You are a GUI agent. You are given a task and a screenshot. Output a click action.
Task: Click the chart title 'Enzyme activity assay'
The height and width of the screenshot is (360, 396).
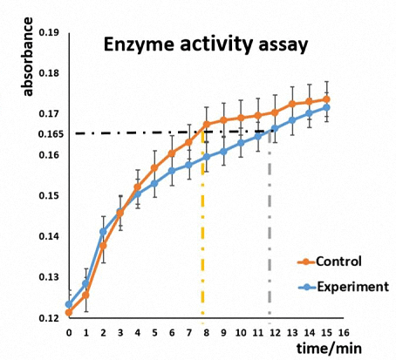[x=206, y=45]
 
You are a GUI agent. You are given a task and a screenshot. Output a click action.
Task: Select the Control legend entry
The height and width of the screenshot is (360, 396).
[x=330, y=262]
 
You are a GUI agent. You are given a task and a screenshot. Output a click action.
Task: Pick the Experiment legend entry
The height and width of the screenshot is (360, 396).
[x=344, y=287]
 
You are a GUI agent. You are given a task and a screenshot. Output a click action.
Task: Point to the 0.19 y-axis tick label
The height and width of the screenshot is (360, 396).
[x=49, y=32]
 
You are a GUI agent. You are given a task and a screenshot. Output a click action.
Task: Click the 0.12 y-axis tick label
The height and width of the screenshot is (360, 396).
[x=49, y=318]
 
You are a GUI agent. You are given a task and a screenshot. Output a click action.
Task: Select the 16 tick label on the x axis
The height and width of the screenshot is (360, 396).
[x=344, y=332]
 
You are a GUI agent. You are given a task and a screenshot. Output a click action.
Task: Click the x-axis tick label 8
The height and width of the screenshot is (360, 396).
[x=206, y=332]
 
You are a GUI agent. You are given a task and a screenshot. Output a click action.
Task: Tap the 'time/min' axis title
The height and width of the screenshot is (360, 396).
[x=329, y=348]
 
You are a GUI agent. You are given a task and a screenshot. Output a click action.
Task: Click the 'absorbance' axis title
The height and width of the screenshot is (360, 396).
[x=28, y=57]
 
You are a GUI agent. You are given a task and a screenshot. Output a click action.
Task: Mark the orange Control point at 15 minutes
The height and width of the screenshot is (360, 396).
[x=326, y=99]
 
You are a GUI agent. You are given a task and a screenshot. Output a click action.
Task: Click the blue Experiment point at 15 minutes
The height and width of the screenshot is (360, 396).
[x=326, y=107]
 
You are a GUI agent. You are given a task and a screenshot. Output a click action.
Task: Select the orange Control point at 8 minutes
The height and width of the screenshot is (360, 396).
[x=207, y=125]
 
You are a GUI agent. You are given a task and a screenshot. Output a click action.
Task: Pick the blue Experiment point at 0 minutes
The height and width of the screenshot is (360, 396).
[x=69, y=304]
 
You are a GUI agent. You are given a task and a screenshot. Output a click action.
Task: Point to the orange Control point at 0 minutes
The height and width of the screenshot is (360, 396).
[x=69, y=313]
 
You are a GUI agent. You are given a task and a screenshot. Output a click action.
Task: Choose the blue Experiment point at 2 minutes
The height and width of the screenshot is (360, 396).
[x=103, y=232]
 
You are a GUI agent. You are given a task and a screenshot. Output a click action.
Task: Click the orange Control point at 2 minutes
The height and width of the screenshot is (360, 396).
[x=103, y=246]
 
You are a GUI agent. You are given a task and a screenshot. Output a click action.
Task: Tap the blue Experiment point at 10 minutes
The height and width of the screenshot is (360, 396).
[x=241, y=143]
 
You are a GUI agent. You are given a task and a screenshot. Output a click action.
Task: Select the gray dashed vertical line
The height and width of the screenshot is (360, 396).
[x=270, y=227]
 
